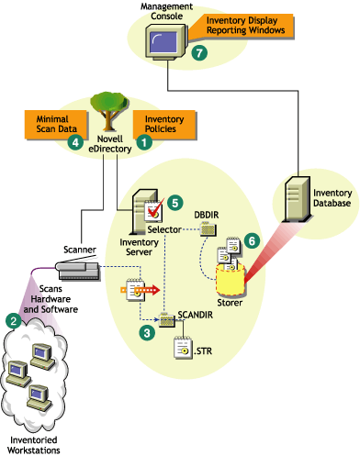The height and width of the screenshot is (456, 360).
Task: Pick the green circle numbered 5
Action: click(x=175, y=200)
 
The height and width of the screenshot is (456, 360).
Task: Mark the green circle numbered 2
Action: click(x=14, y=321)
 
